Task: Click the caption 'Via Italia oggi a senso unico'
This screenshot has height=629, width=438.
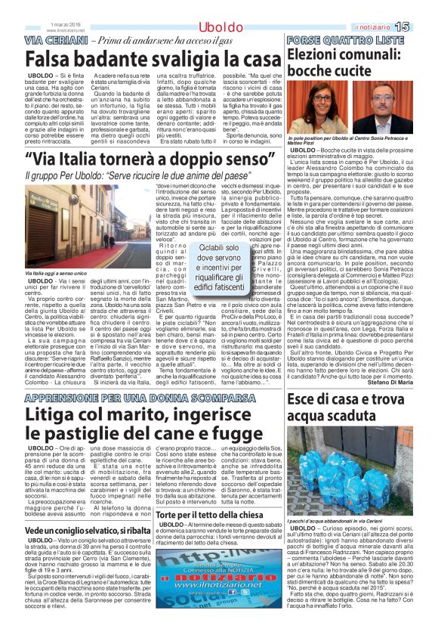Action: coord(57,273)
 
